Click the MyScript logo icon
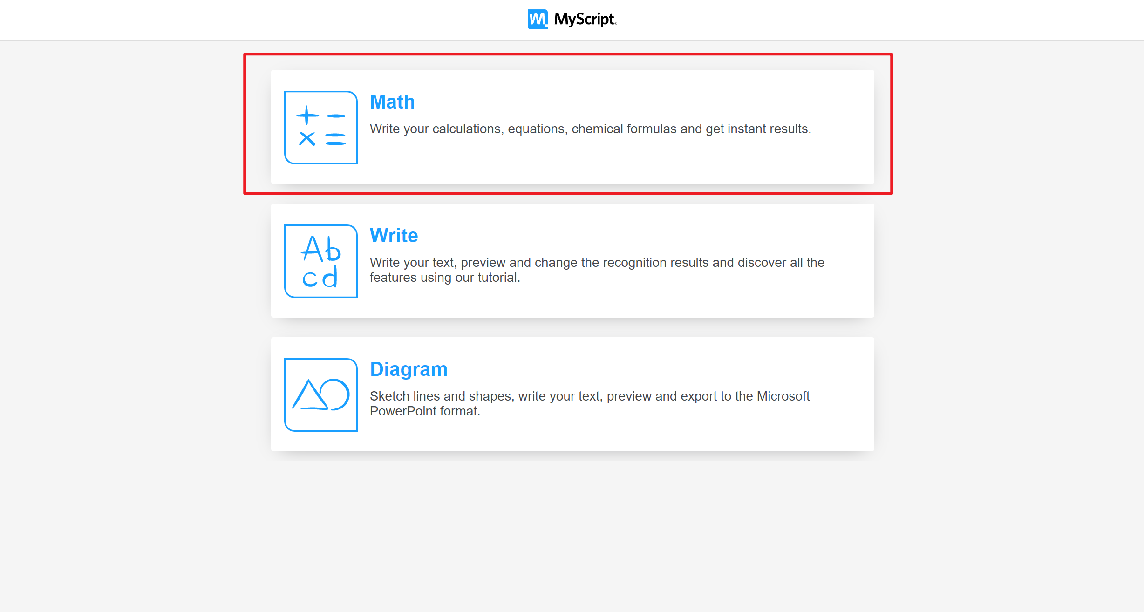pos(538,19)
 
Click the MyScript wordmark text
pos(585,19)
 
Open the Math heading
pos(392,102)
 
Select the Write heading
pos(394,236)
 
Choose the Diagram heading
pos(409,369)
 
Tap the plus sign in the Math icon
pos(307,115)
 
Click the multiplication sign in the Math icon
pos(307,138)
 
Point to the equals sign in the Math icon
pos(335,139)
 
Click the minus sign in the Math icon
pos(335,116)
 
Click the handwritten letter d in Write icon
pos(330,278)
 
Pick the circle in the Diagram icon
pos(335,394)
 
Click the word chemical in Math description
pos(597,129)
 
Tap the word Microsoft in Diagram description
pos(783,396)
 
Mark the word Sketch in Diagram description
pos(389,396)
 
